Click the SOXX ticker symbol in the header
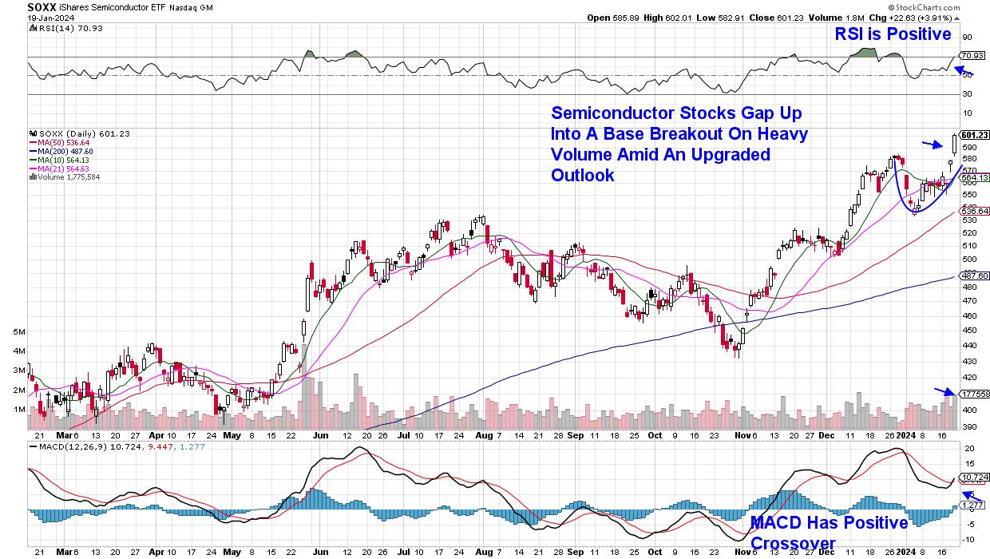[42, 6]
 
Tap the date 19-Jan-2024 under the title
[51, 17]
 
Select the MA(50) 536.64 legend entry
[61, 142]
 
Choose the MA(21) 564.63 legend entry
[61, 168]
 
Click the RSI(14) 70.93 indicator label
[61, 28]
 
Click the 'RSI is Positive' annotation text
[893, 34]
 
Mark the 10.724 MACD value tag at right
[972, 477]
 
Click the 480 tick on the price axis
[966, 287]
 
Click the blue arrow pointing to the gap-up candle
[929, 144]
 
